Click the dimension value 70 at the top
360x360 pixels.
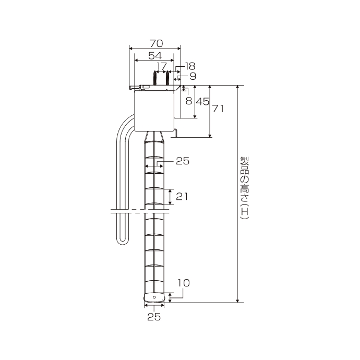point(157,43)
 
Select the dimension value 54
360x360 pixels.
point(155,55)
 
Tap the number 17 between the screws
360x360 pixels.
point(161,66)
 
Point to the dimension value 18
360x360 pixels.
point(190,66)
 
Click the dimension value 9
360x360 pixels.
point(193,76)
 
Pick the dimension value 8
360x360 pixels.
point(189,101)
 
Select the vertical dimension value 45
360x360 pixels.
point(203,101)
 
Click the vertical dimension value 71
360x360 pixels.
point(218,109)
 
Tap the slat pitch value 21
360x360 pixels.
point(182,196)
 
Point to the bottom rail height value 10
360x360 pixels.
point(184,283)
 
